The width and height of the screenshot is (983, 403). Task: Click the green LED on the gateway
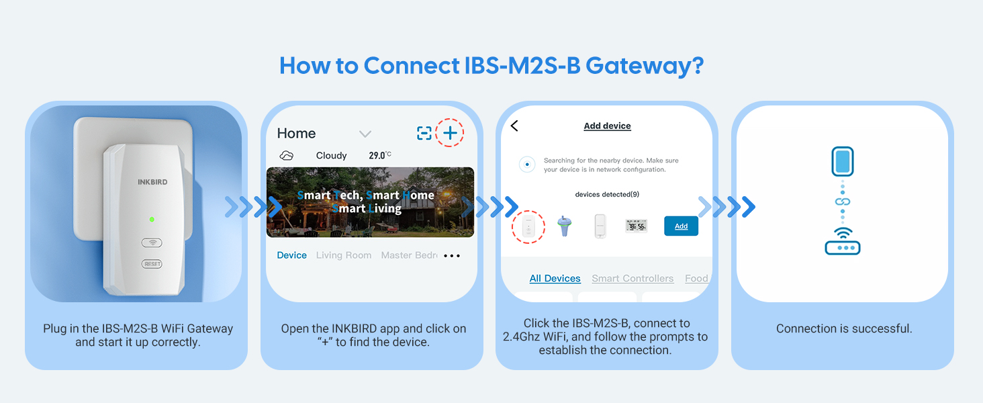tap(152, 219)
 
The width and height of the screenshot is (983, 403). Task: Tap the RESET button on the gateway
tap(152, 264)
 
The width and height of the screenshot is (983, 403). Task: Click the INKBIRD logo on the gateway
tap(152, 182)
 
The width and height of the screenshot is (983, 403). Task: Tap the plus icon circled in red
tap(450, 132)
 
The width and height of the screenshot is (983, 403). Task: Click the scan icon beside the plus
tap(424, 133)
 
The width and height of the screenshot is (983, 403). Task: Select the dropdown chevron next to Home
tap(365, 134)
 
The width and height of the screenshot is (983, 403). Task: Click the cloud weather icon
tap(287, 155)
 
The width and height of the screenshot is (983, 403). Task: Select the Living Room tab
tap(344, 255)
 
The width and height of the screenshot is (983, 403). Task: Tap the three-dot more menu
tap(452, 255)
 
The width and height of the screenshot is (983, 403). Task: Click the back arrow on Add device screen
tap(514, 126)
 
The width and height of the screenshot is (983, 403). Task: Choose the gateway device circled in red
tap(528, 226)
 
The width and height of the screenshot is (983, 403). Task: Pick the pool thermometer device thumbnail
tap(564, 226)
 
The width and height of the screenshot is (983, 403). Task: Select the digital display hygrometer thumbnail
tap(636, 226)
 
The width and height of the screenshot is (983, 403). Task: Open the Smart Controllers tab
tap(633, 278)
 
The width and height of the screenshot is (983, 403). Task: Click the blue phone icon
tap(843, 161)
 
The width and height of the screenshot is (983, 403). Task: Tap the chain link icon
tap(843, 201)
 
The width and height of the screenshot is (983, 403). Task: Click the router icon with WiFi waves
tap(843, 241)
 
